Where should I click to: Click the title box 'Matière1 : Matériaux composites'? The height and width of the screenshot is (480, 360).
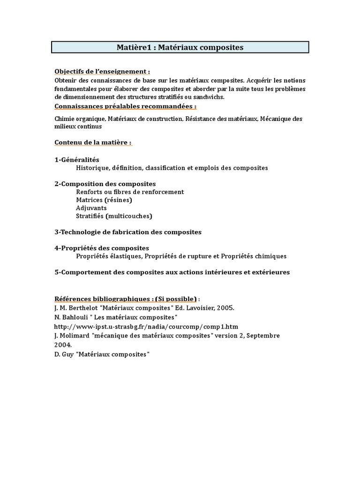click(180, 47)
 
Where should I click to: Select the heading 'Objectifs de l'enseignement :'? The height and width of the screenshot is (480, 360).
click(102, 71)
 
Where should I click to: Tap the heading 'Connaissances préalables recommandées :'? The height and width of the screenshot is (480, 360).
click(125, 106)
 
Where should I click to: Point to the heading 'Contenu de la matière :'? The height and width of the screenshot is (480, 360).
click(93, 142)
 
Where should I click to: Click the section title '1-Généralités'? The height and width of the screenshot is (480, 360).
click(77, 160)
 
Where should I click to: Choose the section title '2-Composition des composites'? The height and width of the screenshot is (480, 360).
click(105, 184)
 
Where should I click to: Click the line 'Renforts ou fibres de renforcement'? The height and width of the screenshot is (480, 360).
click(130, 192)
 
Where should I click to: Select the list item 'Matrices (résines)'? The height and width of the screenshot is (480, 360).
click(104, 200)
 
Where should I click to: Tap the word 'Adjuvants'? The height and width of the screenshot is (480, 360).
click(91, 208)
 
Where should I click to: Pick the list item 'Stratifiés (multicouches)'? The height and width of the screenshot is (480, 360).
click(114, 216)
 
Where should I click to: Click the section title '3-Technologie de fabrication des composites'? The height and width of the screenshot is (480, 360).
click(128, 232)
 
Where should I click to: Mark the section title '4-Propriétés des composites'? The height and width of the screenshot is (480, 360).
click(102, 248)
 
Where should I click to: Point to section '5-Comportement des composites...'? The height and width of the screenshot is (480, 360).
click(172, 272)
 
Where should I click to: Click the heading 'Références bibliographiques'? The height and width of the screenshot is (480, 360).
click(106, 299)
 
